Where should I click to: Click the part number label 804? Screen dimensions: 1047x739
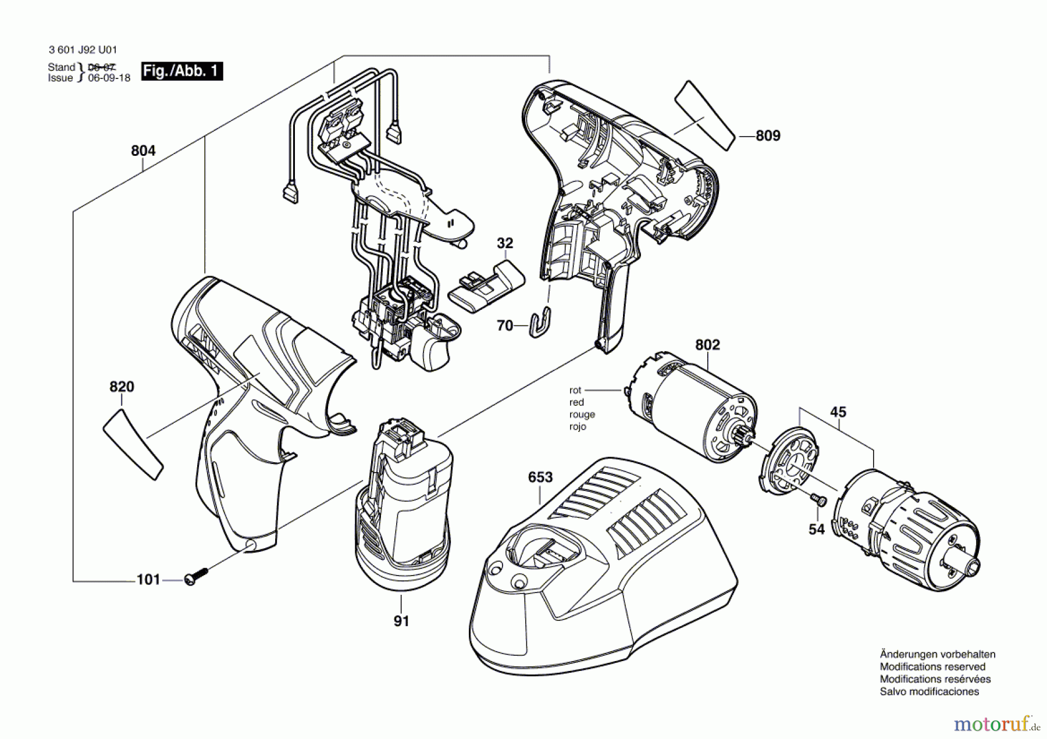[x=143, y=151]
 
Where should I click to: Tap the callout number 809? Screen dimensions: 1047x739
[x=768, y=135]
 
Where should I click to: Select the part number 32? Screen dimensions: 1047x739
[x=505, y=243]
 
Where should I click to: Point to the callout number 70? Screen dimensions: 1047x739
[x=505, y=326]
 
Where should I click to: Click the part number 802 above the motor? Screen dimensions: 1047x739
[x=707, y=345]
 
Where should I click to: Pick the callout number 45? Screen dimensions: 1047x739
[x=838, y=412]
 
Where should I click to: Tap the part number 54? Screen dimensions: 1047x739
[x=817, y=529]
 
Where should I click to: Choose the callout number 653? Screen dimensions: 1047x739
[x=540, y=477]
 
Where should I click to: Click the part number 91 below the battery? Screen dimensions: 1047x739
[x=401, y=621]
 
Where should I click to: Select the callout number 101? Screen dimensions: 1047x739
[x=148, y=580]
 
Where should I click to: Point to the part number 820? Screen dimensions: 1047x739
[x=122, y=387]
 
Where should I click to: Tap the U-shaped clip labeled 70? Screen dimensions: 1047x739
[x=542, y=321]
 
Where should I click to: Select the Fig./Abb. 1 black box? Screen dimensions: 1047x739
[x=182, y=71]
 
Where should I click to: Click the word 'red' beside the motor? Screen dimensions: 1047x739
[x=576, y=402]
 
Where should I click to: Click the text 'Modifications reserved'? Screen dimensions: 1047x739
[x=932, y=667]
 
